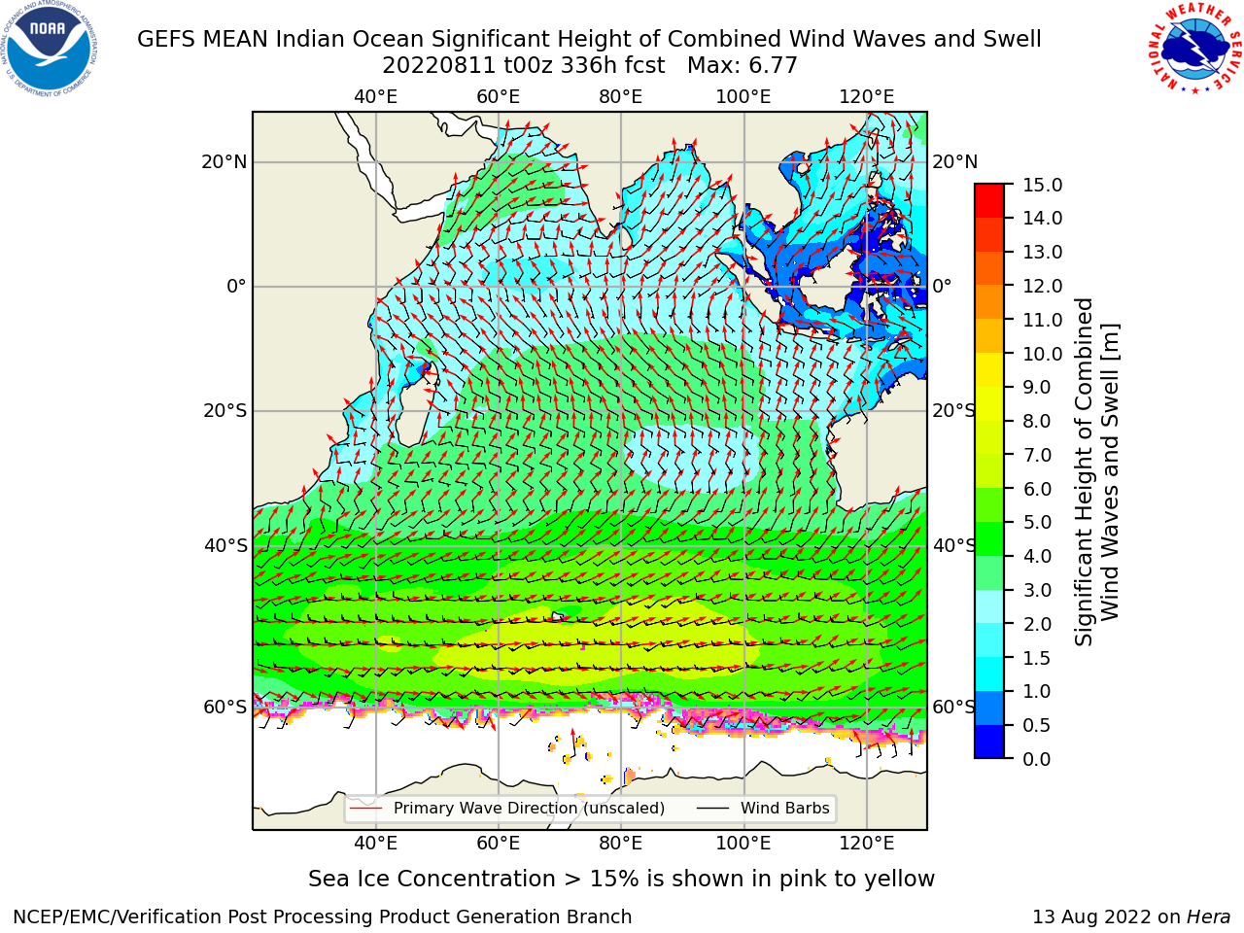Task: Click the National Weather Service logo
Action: [x=1194, y=49]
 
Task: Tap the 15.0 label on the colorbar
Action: [x=1042, y=185]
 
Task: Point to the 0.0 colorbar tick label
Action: [x=1037, y=759]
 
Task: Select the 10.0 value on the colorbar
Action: [x=1042, y=354]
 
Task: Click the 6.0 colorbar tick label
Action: [x=1037, y=489]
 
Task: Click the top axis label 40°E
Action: [x=376, y=97]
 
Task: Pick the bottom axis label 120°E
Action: [x=867, y=844]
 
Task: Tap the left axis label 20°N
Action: [x=225, y=162]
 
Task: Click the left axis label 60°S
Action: [x=225, y=707]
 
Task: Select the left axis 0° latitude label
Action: [x=236, y=286]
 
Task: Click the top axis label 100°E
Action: [x=743, y=97]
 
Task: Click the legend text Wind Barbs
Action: [x=785, y=809]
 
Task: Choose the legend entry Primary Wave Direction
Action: [x=486, y=809]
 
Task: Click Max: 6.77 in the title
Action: [x=743, y=66]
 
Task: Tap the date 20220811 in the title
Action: [x=439, y=66]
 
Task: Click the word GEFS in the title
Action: [x=166, y=39]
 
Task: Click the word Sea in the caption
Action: [x=328, y=880]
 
